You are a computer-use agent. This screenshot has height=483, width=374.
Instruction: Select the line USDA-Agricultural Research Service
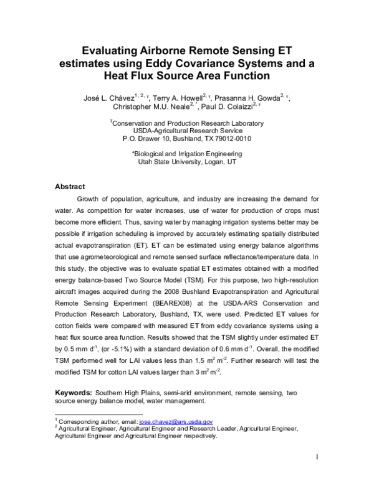pos(186,131)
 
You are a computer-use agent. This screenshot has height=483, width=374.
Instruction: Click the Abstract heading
pos(70,187)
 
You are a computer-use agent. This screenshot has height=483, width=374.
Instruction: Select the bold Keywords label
pos(74,393)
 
